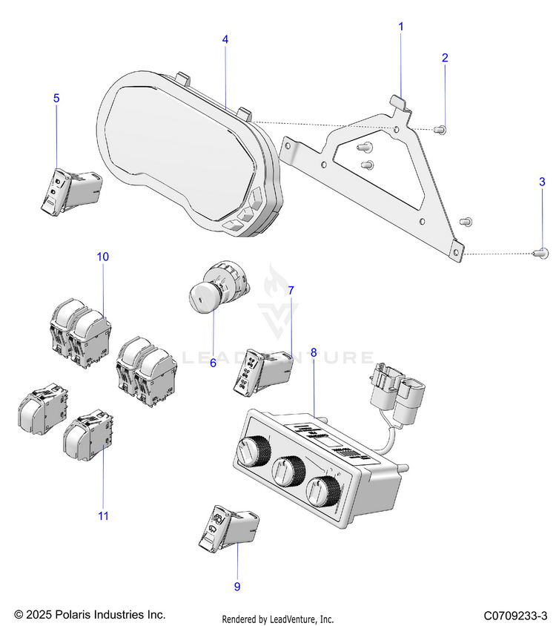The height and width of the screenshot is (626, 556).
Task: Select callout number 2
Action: coord(445,57)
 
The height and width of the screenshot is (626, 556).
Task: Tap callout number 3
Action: coord(542,181)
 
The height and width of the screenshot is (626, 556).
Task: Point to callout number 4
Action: coord(225,39)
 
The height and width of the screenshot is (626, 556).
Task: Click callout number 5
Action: coord(56,98)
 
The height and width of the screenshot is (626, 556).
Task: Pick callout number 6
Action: coord(213,363)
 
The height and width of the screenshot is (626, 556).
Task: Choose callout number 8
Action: coord(314,353)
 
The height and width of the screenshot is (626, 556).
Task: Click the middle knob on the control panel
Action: coord(287,470)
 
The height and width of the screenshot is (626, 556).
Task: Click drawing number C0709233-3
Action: coord(514,616)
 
